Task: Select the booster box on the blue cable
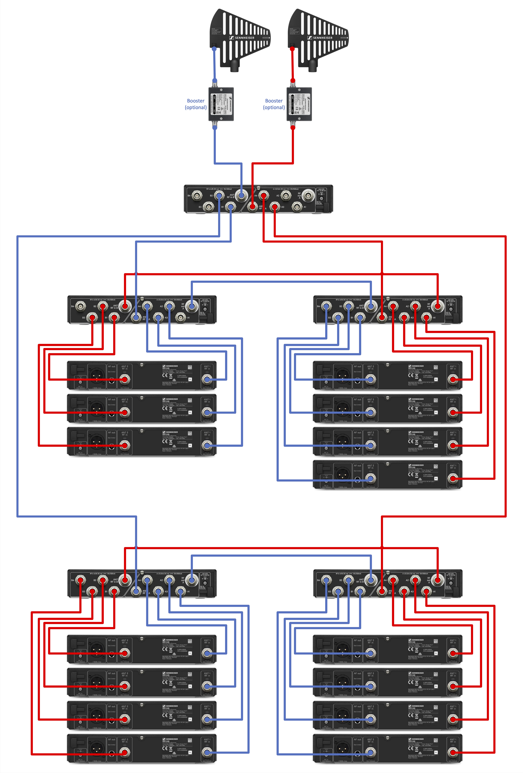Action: [x=221, y=104]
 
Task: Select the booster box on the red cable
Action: [x=299, y=104]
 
